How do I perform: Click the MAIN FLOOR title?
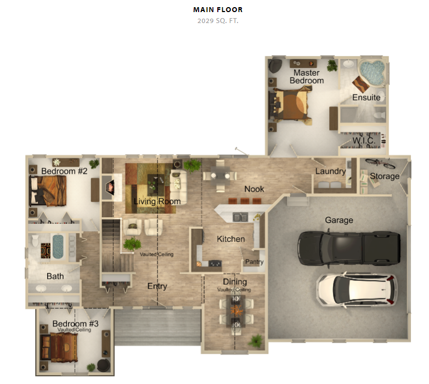(x=218, y=9)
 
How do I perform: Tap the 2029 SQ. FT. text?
(x=218, y=21)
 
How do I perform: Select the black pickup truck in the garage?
(x=349, y=248)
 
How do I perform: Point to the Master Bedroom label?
(x=307, y=77)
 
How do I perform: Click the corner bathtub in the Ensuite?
(x=372, y=72)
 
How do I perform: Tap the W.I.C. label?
(x=364, y=140)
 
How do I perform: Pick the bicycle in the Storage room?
(x=380, y=163)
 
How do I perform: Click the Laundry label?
(x=330, y=171)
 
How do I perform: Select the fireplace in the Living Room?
(x=110, y=187)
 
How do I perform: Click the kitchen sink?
(x=240, y=217)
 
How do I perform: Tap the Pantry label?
(x=254, y=262)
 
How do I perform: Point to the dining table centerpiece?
(x=235, y=310)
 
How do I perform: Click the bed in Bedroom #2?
(x=48, y=191)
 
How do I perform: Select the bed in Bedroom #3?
(x=59, y=347)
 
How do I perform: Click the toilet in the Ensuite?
(x=379, y=115)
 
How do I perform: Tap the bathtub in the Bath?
(x=58, y=247)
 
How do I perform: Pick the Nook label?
(x=254, y=189)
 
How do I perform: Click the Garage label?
(x=339, y=220)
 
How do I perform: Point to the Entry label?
(x=157, y=286)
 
